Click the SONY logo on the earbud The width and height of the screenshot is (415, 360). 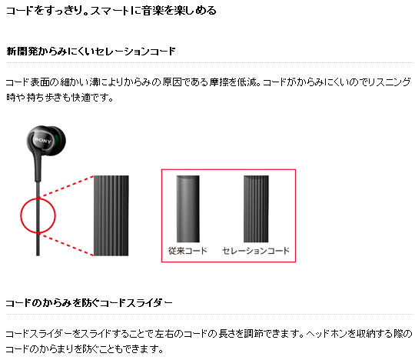click(x=42, y=140)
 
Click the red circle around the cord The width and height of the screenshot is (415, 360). click(x=21, y=215)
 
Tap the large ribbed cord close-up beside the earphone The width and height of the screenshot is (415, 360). click(x=111, y=215)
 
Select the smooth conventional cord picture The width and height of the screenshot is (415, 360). click(x=188, y=208)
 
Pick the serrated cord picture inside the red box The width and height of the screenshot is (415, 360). click(x=256, y=208)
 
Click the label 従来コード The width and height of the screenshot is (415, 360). click(x=188, y=251)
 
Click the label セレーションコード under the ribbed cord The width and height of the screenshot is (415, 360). click(x=256, y=251)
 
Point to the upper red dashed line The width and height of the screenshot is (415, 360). click(x=66, y=186)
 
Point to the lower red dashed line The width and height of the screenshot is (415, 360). click(x=66, y=245)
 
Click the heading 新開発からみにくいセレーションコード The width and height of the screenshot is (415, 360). click(x=91, y=51)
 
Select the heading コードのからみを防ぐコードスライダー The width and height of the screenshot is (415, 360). click(x=89, y=302)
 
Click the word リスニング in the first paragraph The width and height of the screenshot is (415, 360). click(x=390, y=82)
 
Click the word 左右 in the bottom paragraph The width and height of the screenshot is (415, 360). click(x=164, y=334)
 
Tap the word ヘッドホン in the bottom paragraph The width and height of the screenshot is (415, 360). click(x=327, y=334)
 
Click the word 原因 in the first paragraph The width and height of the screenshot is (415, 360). click(x=172, y=82)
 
